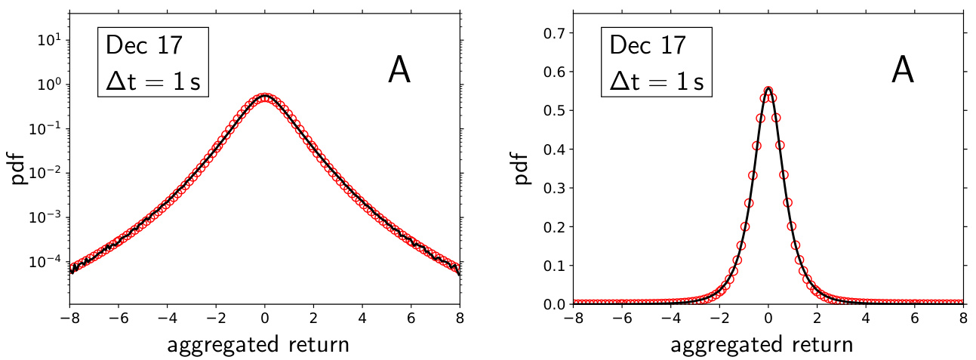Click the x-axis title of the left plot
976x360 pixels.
[x=258, y=345]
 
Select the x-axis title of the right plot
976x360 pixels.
[x=762, y=345]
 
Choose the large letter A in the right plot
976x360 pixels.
[x=903, y=70]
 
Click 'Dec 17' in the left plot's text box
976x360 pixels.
[x=144, y=45]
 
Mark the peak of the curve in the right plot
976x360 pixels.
[x=768, y=89]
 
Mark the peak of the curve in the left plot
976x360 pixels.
[x=265, y=97]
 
